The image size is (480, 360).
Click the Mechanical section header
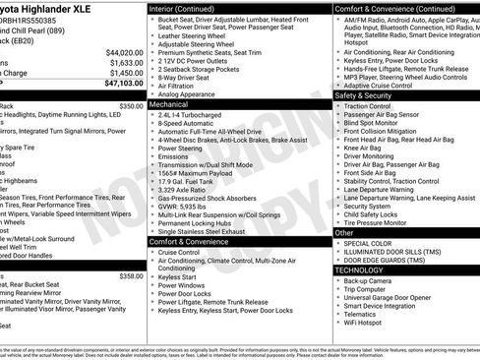169,102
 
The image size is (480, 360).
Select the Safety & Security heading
363,95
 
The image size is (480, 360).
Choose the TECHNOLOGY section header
360,270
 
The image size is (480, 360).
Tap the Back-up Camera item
370,280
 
